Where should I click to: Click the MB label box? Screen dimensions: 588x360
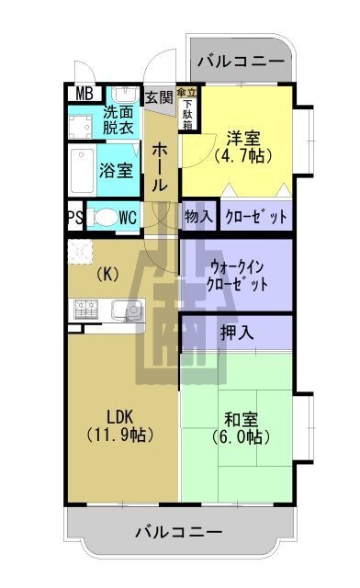pyautogui.click(x=84, y=94)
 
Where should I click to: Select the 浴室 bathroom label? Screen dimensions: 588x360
pyautogui.click(x=117, y=170)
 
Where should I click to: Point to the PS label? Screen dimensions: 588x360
pyautogui.click(x=73, y=218)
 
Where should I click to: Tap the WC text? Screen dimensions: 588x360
pyautogui.click(x=129, y=218)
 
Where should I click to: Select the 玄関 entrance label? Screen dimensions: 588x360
pyautogui.click(x=159, y=96)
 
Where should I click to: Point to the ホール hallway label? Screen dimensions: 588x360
pyautogui.click(x=160, y=166)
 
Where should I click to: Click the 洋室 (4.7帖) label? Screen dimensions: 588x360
pyautogui.click(x=243, y=147)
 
